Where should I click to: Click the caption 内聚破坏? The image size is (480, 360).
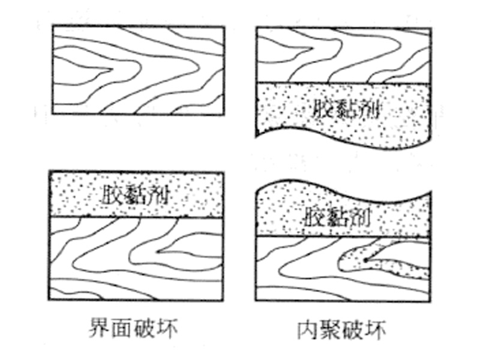pos(343,329)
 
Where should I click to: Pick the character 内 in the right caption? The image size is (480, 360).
pos(308,329)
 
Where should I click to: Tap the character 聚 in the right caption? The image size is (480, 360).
pos(331,329)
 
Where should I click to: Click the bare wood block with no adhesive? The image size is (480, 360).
pos(138,70)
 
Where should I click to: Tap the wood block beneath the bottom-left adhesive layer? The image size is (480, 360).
pos(138,258)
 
